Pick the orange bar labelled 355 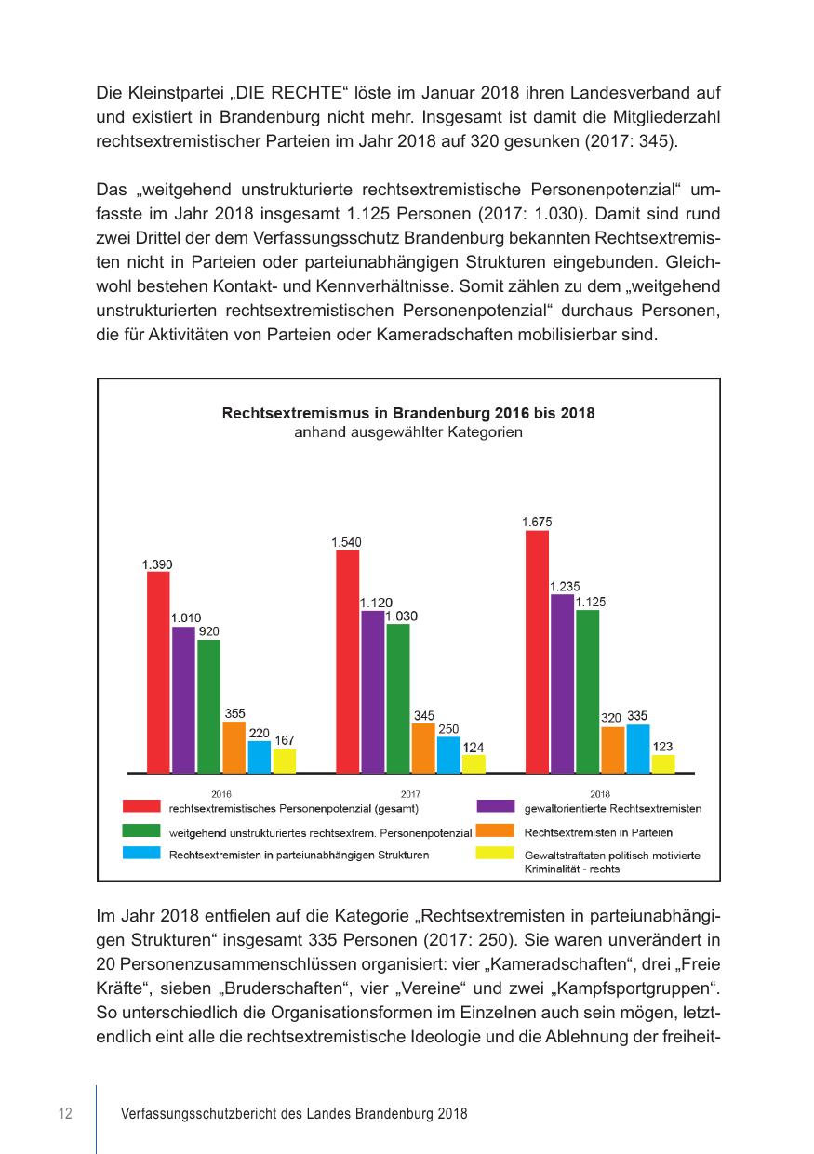[x=234, y=747]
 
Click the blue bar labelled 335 [x=637, y=748]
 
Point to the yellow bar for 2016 [x=284, y=760]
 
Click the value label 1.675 [x=536, y=523]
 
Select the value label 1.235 [x=565, y=587]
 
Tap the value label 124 [x=474, y=747]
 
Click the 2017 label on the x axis [x=410, y=794]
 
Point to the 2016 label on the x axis [x=220, y=794]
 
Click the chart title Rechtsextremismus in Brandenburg [x=408, y=412]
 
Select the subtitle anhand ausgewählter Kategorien [x=408, y=431]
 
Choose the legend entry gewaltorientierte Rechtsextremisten [x=612, y=808]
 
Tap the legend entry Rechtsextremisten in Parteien [x=598, y=832]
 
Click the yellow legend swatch [x=495, y=853]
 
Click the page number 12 [x=65, y=1113]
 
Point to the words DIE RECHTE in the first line [x=289, y=94]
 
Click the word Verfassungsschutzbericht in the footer [x=189, y=1113]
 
